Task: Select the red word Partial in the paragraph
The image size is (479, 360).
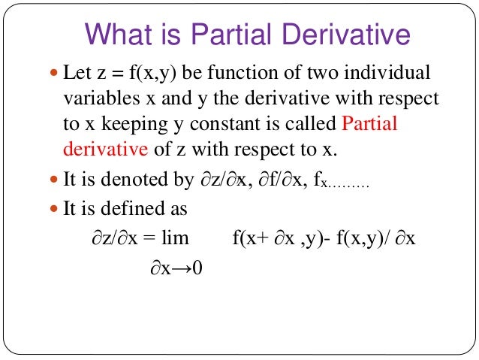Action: [369, 124]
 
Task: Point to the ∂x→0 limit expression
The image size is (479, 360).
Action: [173, 268]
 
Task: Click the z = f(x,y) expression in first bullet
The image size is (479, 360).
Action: [128, 74]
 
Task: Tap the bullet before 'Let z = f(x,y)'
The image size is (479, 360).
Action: [53, 74]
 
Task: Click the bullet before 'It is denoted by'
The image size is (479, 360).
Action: [53, 183]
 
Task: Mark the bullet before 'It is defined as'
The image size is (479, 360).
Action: [53, 209]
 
